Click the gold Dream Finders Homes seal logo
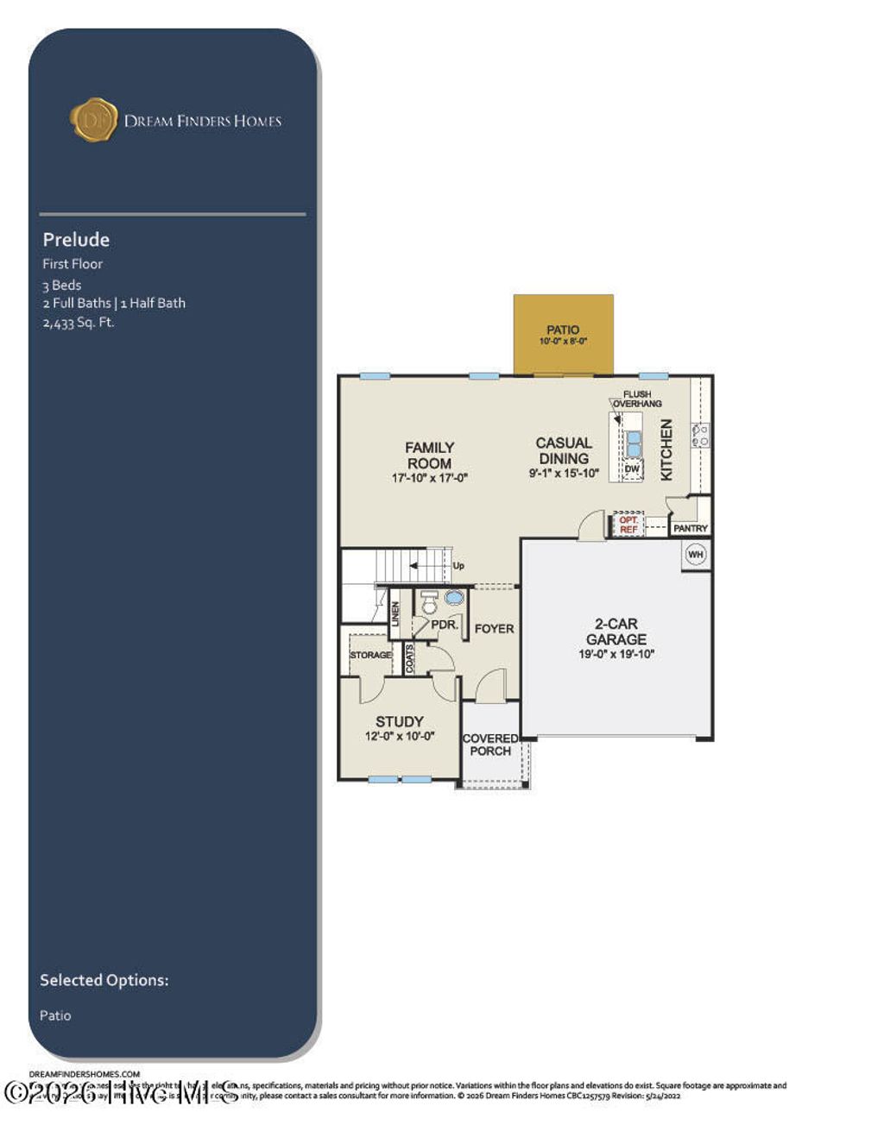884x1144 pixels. pyautogui.click(x=93, y=120)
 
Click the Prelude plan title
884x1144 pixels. pyautogui.click(x=76, y=240)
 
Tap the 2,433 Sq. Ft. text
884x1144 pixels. pyautogui.click(x=79, y=323)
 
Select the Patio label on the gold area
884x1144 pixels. pyautogui.click(x=563, y=330)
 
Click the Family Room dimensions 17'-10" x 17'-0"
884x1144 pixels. pyautogui.click(x=429, y=478)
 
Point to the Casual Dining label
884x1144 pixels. pyautogui.click(x=564, y=450)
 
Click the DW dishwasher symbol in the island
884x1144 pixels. pyautogui.click(x=632, y=469)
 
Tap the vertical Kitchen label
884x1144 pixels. pyautogui.click(x=666, y=449)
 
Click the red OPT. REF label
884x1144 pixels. pyautogui.click(x=628, y=525)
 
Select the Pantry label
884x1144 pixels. pyautogui.click(x=691, y=528)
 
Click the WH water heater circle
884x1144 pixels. pyautogui.click(x=696, y=555)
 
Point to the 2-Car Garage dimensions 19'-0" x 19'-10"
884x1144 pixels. pyautogui.click(x=616, y=655)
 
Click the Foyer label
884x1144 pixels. pyautogui.click(x=494, y=629)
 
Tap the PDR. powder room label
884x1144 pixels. pyautogui.click(x=444, y=625)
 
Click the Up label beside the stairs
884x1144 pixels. pyautogui.click(x=458, y=566)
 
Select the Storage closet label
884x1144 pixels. pyautogui.click(x=370, y=655)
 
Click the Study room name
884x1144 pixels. pyautogui.click(x=399, y=721)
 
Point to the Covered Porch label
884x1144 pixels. pyautogui.click(x=490, y=745)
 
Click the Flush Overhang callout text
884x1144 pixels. pyautogui.click(x=637, y=399)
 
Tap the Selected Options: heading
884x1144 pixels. pyautogui.click(x=104, y=980)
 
